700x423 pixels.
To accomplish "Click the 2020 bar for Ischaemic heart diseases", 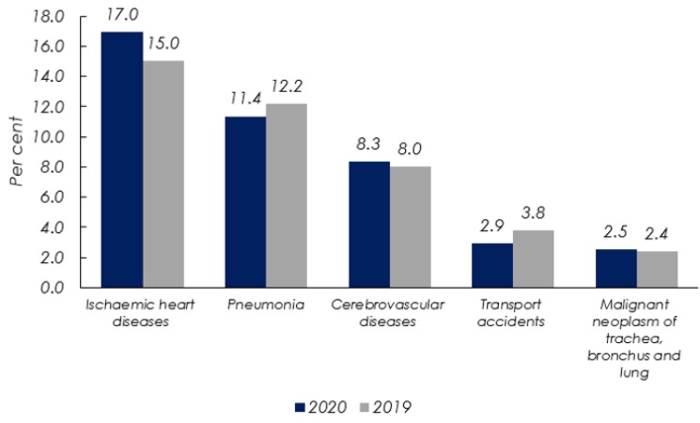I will click(x=122, y=160).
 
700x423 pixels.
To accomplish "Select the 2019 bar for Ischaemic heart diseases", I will click(x=163, y=175).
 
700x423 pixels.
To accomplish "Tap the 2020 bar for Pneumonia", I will click(x=245, y=202).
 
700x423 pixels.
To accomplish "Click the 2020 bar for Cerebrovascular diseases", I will click(x=369, y=225).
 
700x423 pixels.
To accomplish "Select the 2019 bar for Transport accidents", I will click(x=533, y=258).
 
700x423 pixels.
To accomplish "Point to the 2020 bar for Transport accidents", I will click(x=492, y=265).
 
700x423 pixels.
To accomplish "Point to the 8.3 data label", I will click(x=369, y=147).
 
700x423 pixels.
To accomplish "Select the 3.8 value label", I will click(x=534, y=214).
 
